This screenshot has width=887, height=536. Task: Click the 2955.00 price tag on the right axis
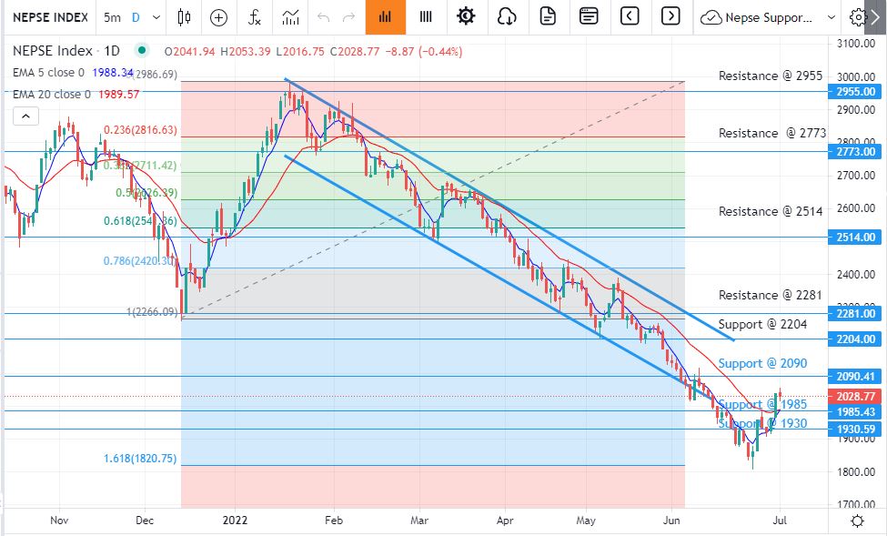[x=855, y=91]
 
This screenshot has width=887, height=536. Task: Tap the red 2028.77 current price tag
[x=855, y=397]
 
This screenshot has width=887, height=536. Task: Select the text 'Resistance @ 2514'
[x=770, y=211]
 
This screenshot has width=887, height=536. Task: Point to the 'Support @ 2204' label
[x=762, y=324]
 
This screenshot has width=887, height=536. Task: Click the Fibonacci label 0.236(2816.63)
[x=140, y=130]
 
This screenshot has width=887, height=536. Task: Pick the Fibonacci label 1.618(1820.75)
[x=140, y=459]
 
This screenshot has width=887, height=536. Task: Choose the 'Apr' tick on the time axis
[x=504, y=521]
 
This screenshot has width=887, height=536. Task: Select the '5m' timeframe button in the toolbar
[x=112, y=17]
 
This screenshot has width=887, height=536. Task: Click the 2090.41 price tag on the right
[x=855, y=377]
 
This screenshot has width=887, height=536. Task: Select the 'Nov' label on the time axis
[x=59, y=521]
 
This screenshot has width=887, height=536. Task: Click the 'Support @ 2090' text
[x=762, y=363]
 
